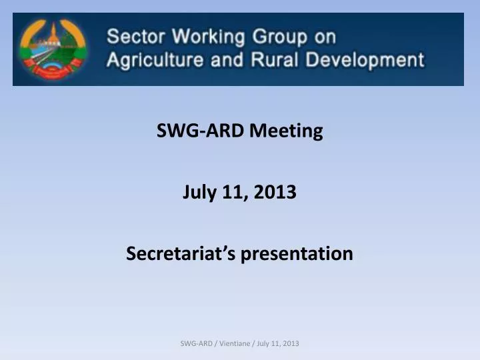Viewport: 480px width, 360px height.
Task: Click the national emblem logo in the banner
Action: [52, 49]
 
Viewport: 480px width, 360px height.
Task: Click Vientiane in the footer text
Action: [233, 343]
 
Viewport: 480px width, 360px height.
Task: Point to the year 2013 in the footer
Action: [291, 343]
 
